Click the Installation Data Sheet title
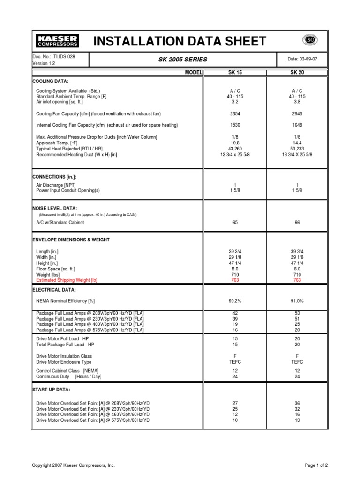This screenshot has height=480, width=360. pos(180,41)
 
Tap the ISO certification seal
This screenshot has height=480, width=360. pos(309,40)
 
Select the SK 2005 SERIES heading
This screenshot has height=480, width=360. pos(183,60)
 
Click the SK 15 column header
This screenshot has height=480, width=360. pos(235,73)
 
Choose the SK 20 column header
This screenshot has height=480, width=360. pos(297,73)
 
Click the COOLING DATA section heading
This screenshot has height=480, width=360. pos(50,81)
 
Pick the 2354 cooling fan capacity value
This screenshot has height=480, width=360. pos(235,113)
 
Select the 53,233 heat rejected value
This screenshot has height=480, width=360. pos(297,148)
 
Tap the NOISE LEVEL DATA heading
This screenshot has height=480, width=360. pos(54,208)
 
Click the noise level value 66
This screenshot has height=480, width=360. pos(297,223)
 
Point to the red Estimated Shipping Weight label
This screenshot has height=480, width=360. pos(67,280)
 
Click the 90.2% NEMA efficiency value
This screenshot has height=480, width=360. pos(235,301)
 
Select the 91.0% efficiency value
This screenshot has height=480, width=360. pos(297,301)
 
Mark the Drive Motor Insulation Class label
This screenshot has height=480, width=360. pos(71,356)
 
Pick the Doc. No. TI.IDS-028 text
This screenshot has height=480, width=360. pos(53,56)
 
